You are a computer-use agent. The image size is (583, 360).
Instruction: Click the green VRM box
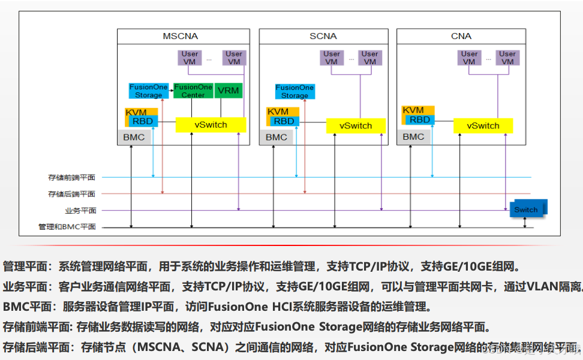click(x=228, y=91)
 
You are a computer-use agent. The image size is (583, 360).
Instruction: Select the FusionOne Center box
click(x=193, y=91)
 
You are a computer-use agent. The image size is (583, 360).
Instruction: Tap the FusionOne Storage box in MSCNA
click(x=149, y=91)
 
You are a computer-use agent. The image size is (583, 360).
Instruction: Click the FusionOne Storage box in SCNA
click(x=294, y=91)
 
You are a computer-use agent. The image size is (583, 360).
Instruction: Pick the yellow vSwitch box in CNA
click(x=483, y=125)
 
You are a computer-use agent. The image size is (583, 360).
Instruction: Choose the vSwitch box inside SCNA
click(x=356, y=125)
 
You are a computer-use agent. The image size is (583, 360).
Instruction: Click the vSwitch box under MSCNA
click(x=211, y=124)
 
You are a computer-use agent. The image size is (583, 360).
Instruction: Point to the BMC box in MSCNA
click(x=134, y=137)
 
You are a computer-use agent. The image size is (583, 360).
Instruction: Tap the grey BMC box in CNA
click(x=413, y=137)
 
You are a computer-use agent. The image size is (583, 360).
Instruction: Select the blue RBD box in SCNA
click(x=284, y=121)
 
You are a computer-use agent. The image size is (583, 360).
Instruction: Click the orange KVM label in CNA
click(x=413, y=110)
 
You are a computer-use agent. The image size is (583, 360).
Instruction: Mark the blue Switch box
click(x=526, y=209)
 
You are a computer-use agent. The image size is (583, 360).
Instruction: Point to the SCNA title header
click(x=323, y=36)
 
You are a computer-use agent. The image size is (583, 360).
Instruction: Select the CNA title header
click(x=461, y=36)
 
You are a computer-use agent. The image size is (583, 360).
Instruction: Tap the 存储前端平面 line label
click(x=71, y=178)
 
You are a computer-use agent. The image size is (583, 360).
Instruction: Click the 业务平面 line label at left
click(x=80, y=211)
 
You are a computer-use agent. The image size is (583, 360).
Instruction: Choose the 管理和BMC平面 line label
click(x=67, y=227)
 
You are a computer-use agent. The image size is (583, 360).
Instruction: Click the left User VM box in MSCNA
click(x=190, y=58)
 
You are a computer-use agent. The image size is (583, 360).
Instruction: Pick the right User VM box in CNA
click(x=507, y=58)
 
